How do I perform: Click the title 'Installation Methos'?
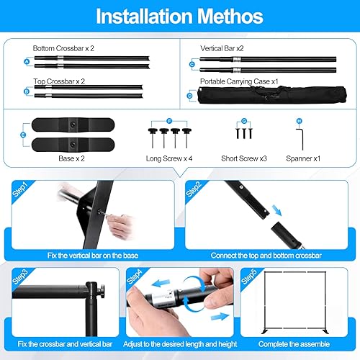pos(180,16)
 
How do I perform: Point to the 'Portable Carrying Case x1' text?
pos(239,82)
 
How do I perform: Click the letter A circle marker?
pos(27,63)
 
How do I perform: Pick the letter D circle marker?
pos(189,95)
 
